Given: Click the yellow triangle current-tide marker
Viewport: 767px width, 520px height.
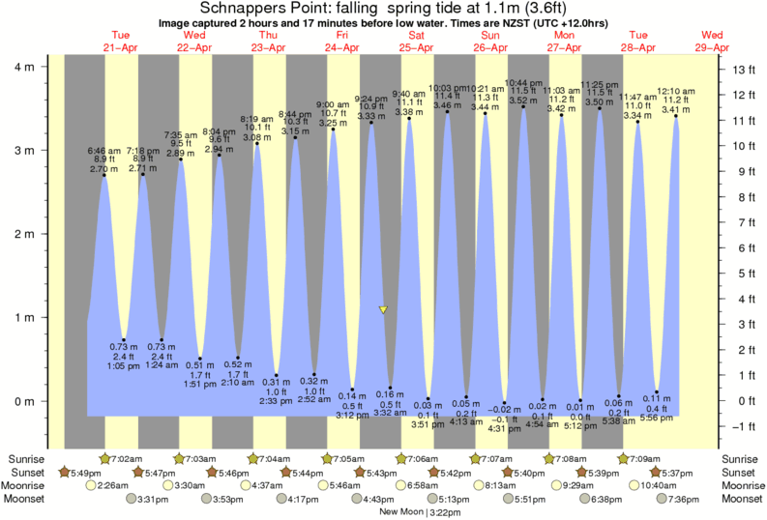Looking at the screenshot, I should pyautogui.click(x=383, y=310).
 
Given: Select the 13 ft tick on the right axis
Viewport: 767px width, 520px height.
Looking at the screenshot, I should pyautogui.click(x=743, y=70).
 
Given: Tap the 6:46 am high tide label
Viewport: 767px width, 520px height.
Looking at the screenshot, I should pyautogui.click(x=103, y=150).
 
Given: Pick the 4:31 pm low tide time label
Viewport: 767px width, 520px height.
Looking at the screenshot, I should pyautogui.click(x=504, y=430).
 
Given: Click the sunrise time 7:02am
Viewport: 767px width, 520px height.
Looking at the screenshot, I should pyautogui.click(x=123, y=457).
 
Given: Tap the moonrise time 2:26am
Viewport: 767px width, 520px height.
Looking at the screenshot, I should pyautogui.click(x=115, y=485).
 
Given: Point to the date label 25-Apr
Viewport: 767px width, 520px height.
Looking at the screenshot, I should pyautogui.click(x=415, y=47).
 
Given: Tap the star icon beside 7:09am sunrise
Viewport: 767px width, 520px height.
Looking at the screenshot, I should pyautogui.click(x=624, y=457).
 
